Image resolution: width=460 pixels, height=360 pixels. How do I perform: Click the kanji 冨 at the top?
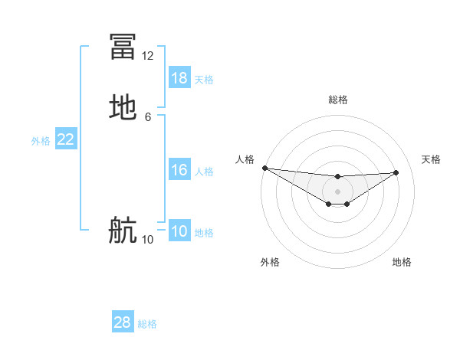[x=123, y=46]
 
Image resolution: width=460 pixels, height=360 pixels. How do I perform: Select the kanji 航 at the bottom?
[x=123, y=229]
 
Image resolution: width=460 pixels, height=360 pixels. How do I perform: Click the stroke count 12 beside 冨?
[x=148, y=56]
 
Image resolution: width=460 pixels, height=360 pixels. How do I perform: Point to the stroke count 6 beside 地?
[x=148, y=117]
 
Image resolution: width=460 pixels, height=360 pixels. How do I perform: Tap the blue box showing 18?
[x=179, y=78]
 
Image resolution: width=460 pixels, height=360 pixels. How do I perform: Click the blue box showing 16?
[x=179, y=170]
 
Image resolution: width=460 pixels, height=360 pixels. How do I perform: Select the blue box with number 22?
[x=66, y=139]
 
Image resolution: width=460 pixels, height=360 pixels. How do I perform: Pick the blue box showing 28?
[x=123, y=322]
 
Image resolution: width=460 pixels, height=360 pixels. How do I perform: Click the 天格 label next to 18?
[x=204, y=80]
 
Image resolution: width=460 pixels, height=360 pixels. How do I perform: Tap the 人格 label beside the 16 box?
[x=204, y=172]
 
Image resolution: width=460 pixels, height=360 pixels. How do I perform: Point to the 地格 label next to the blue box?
[x=204, y=233]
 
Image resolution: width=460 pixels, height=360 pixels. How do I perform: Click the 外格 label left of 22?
[x=41, y=141]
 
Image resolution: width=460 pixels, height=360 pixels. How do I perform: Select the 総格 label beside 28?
[x=147, y=324]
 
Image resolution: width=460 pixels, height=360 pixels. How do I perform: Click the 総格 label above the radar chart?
[x=337, y=100]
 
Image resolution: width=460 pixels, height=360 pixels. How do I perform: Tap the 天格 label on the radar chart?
[x=431, y=159]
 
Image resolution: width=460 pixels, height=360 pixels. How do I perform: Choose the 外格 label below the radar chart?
[x=270, y=262]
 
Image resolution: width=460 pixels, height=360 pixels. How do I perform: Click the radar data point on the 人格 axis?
[x=264, y=167]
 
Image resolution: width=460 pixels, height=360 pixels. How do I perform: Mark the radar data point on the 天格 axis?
[x=396, y=172]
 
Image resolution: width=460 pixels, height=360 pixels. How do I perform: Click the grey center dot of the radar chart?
[x=337, y=191]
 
